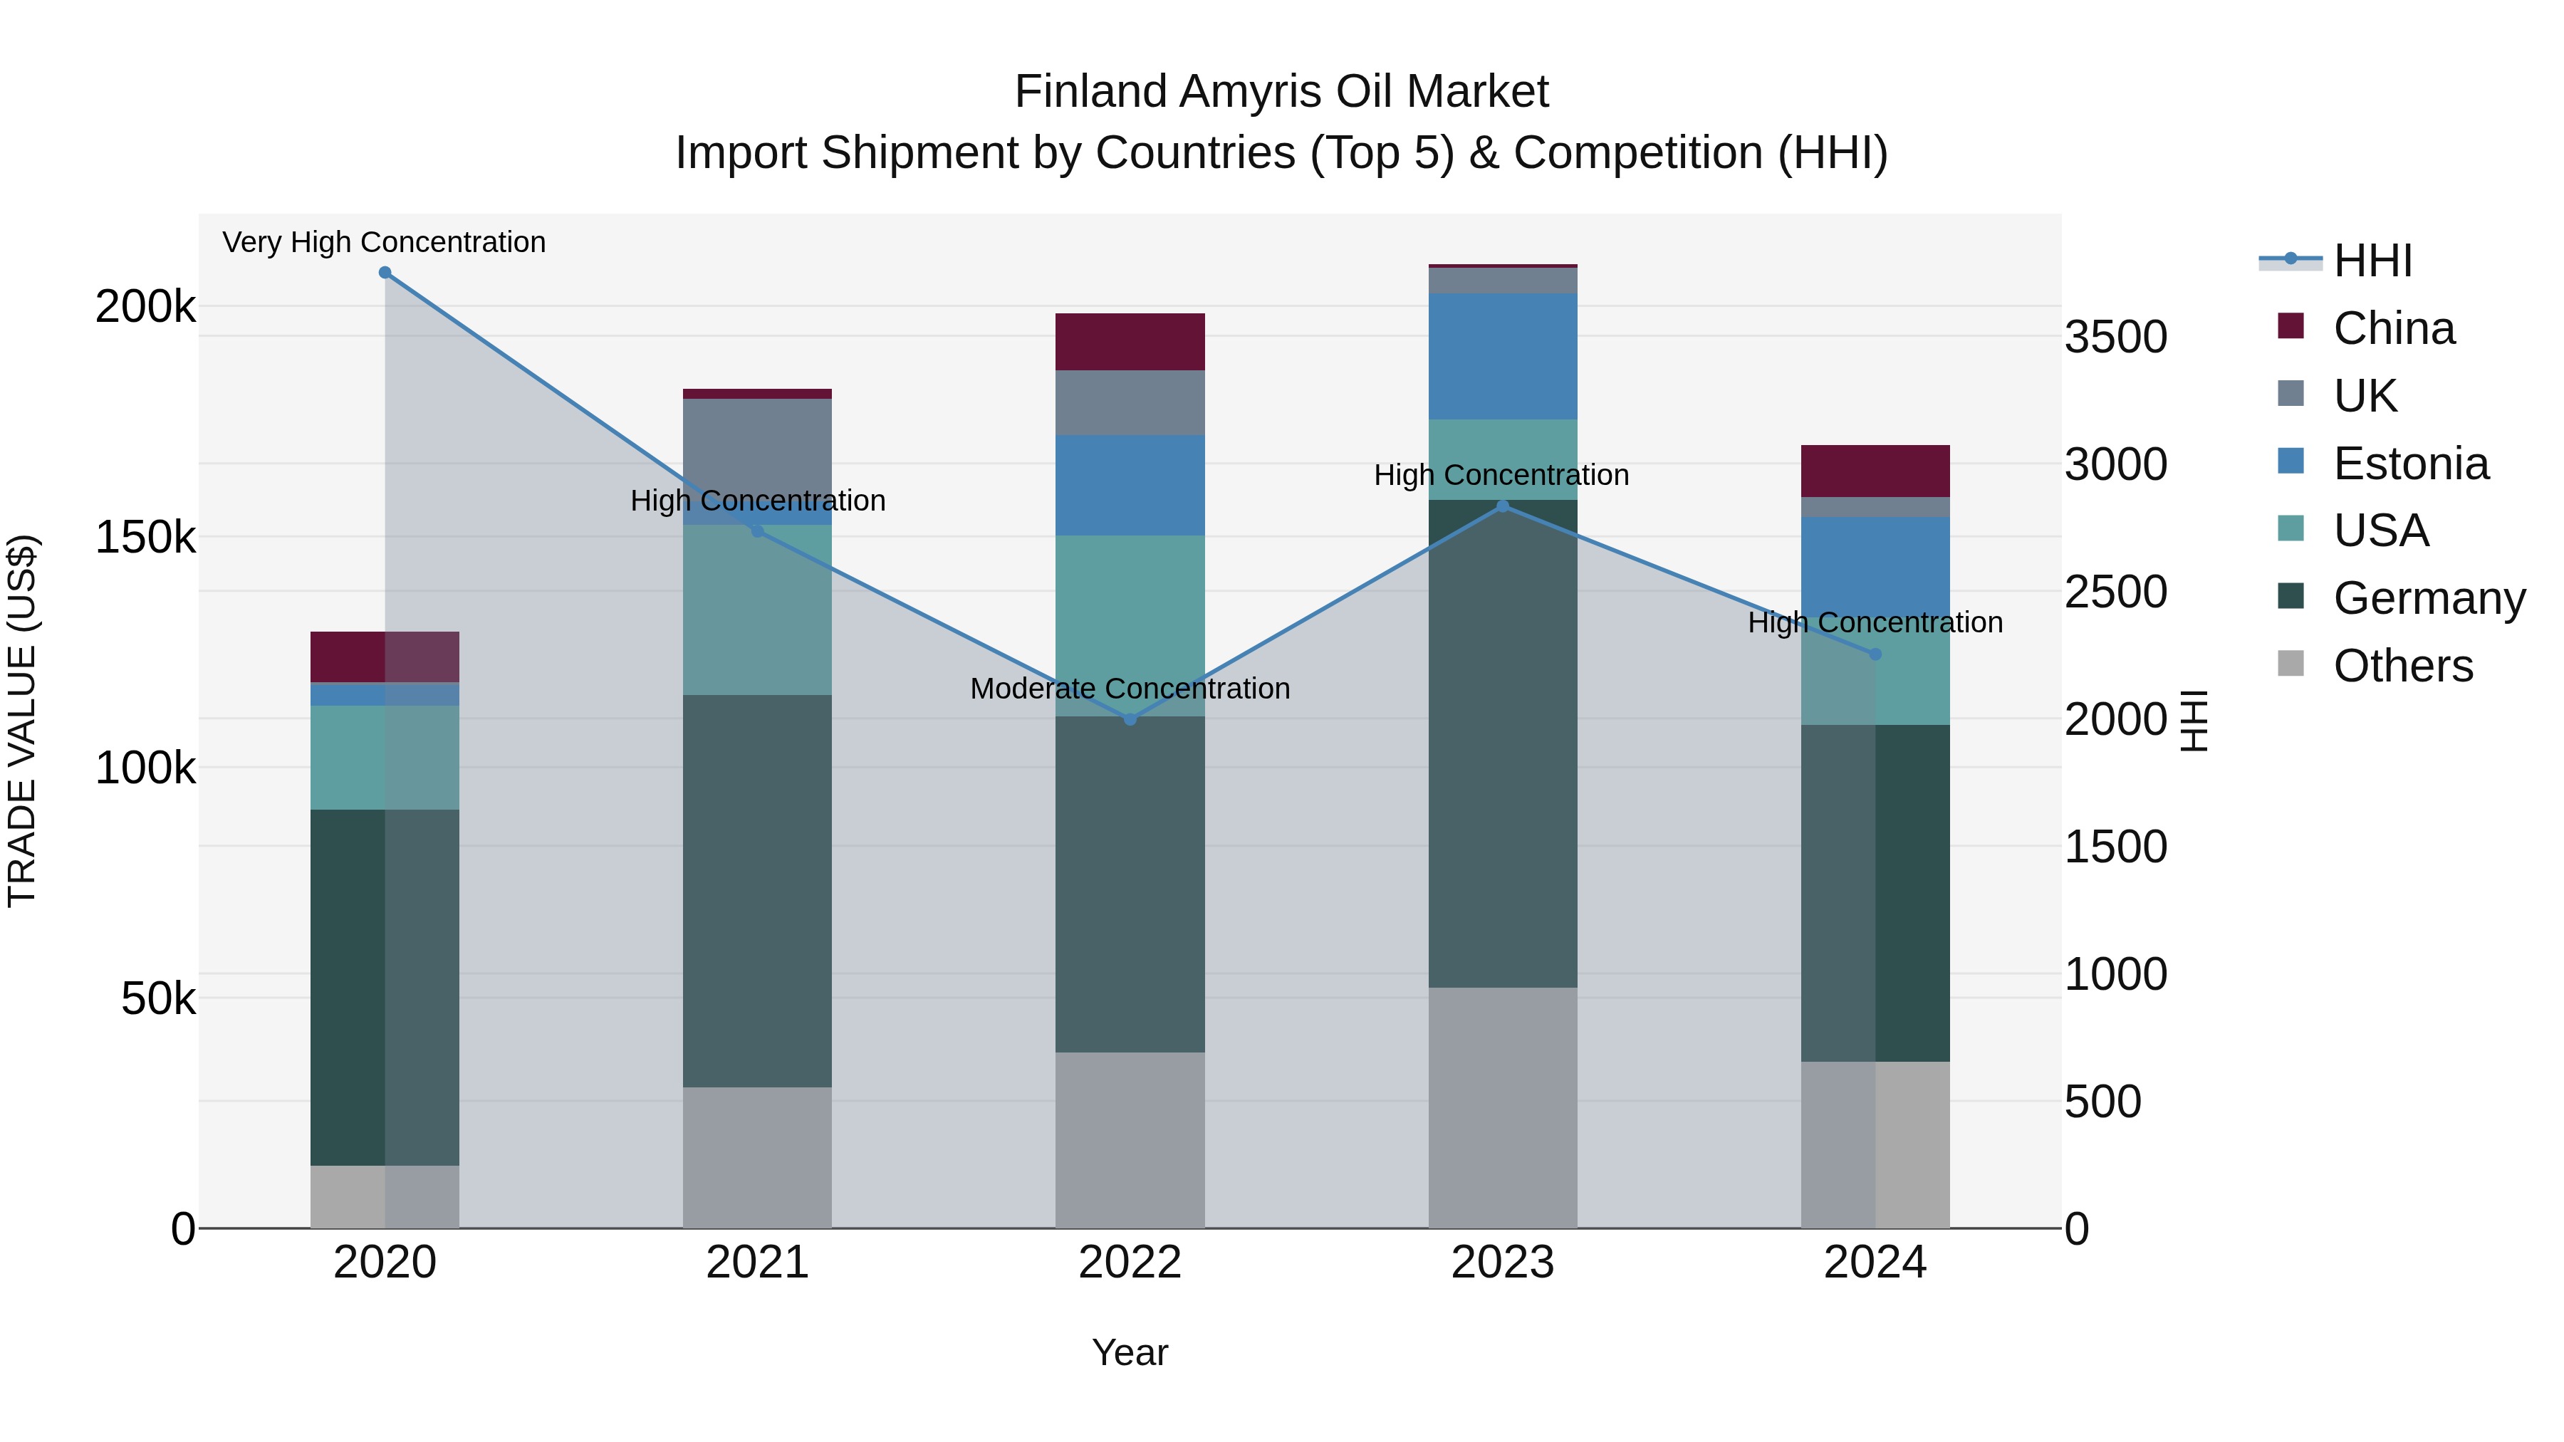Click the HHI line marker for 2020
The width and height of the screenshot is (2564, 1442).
pos(385,273)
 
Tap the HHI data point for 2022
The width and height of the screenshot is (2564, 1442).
pos(1130,719)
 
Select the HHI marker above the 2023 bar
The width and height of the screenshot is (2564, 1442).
pos(1503,506)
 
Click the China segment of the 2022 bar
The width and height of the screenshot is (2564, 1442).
pos(1130,341)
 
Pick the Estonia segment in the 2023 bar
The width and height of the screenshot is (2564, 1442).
pos(1503,356)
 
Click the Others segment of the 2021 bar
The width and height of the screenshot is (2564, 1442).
pos(758,1156)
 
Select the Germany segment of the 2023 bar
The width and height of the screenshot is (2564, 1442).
pos(1503,743)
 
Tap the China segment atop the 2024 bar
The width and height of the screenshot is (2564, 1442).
pos(1875,471)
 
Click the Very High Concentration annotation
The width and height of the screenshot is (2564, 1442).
pos(384,242)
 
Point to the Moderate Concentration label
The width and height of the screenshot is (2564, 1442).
pos(1130,689)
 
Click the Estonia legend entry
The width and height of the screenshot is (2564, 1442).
pos(2409,464)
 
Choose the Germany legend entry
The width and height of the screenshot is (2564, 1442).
pos(2428,598)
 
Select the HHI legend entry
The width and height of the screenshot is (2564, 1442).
pos(2372,261)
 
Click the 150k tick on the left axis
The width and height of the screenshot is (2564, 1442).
pos(145,538)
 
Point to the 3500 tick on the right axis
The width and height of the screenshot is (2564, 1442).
pos(2115,338)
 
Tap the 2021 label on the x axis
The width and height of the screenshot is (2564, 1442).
pos(758,1263)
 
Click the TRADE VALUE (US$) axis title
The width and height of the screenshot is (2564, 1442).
pos(22,721)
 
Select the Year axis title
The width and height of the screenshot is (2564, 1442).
pos(1130,1352)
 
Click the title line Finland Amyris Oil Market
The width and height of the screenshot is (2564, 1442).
pos(1281,92)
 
